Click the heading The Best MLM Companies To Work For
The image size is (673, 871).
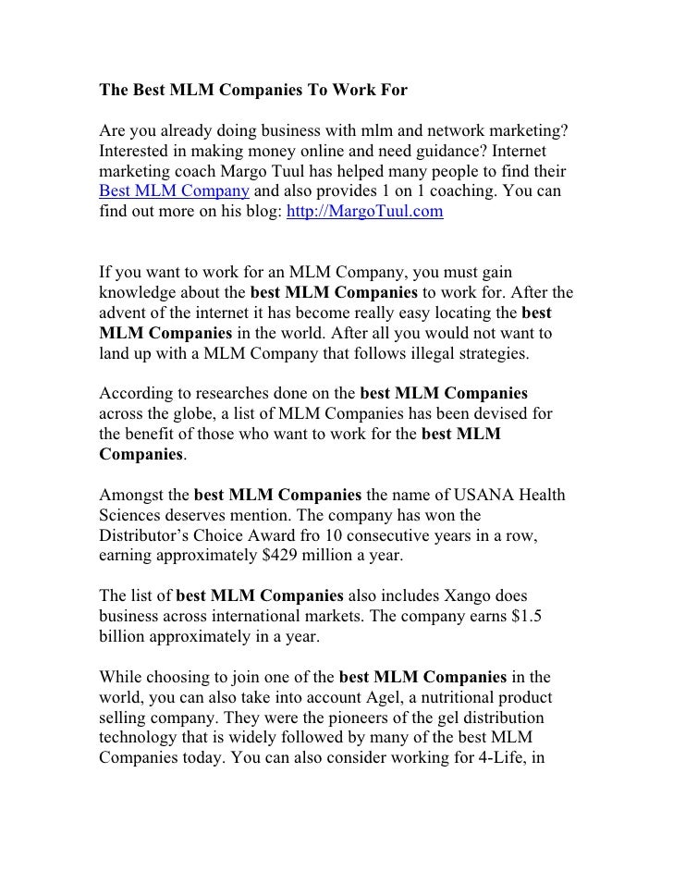(x=253, y=92)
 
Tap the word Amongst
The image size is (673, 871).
(x=134, y=494)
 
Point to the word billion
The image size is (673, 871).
(x=124, y=636)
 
